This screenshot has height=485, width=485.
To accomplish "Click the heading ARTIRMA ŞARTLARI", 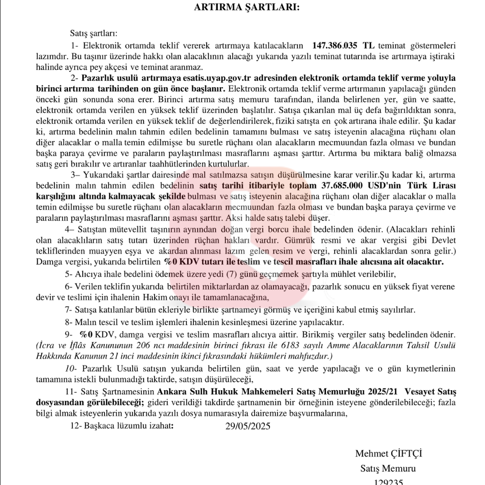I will click(247, 8).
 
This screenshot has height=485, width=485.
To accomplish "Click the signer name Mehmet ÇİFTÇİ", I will click(388, 454).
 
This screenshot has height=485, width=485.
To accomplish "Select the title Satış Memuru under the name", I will click(388, 468).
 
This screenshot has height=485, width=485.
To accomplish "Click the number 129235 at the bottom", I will click(388, 482).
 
